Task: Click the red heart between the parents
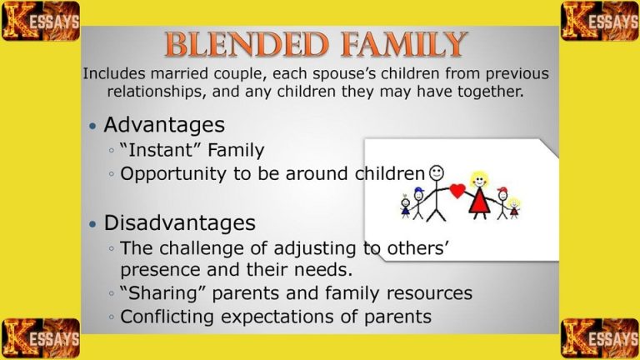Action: point(457,191)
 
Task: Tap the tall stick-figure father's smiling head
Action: point(437,172)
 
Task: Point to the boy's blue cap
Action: point(418,192)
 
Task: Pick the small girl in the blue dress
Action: point(406,207)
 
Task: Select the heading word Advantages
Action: point(163,125)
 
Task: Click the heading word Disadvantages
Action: point(179,223)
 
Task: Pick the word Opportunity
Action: point(170,174)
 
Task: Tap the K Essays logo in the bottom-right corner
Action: point(600,337)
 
